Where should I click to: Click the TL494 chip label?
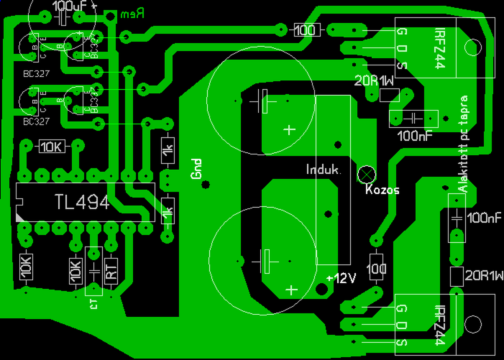[x=82, y=202]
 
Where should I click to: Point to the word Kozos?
[x=382, y=190]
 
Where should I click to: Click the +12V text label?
[x=341, y=278]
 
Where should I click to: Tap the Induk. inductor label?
[x=324, y=170]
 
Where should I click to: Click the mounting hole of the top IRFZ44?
[x=472, y=47]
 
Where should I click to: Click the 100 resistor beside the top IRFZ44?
[x=305, y=30]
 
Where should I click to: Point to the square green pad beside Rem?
[x=111, y=16]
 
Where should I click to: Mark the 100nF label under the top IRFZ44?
[x=415, y=136]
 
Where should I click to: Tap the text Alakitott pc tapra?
[x=464, y=143]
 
